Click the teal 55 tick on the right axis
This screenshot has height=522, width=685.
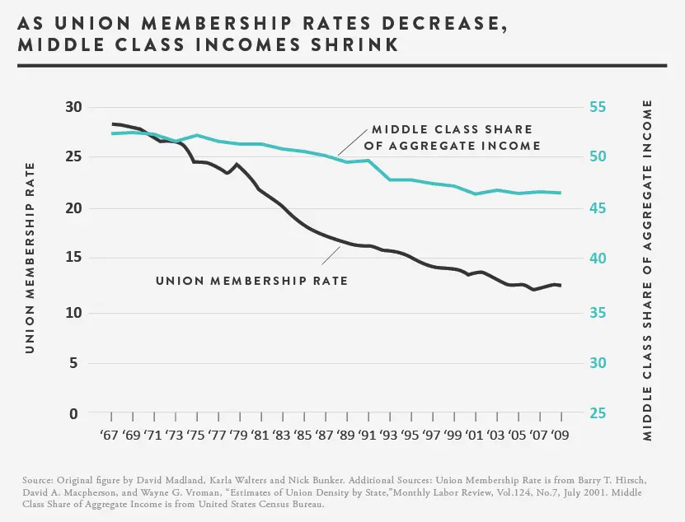pos(597,107)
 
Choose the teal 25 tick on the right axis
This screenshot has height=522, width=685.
pos(597,413)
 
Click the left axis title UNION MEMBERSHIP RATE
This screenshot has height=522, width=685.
pos(30,258)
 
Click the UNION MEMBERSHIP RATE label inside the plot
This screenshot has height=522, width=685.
pos(251,281)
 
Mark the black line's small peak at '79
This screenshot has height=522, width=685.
pos(237,164)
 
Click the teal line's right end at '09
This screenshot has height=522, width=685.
pos(561,193)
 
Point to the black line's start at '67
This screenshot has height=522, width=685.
pos(112,124)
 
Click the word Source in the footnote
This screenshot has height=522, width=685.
pos(42,478)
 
